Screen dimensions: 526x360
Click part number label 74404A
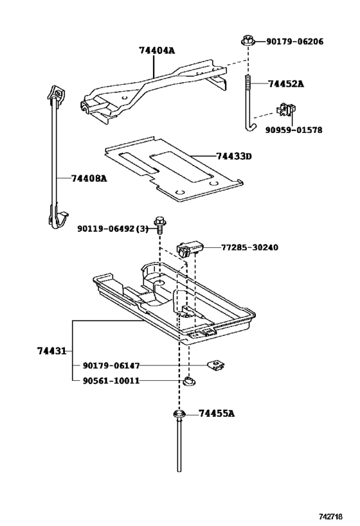click(157, 50)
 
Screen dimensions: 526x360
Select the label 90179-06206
click(294, 42)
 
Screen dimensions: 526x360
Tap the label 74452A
click(286, 83)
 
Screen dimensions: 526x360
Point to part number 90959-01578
click(294, 130)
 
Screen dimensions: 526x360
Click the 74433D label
click(234, 156)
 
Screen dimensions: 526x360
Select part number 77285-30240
click(250, 247)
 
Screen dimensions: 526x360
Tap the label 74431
click(51, 351)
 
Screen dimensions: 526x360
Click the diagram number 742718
click(337, 516)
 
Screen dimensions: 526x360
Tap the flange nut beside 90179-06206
click(247, 41)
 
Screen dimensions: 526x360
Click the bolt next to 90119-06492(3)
click(160, 227)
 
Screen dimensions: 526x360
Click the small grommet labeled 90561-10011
click(188, 382)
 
